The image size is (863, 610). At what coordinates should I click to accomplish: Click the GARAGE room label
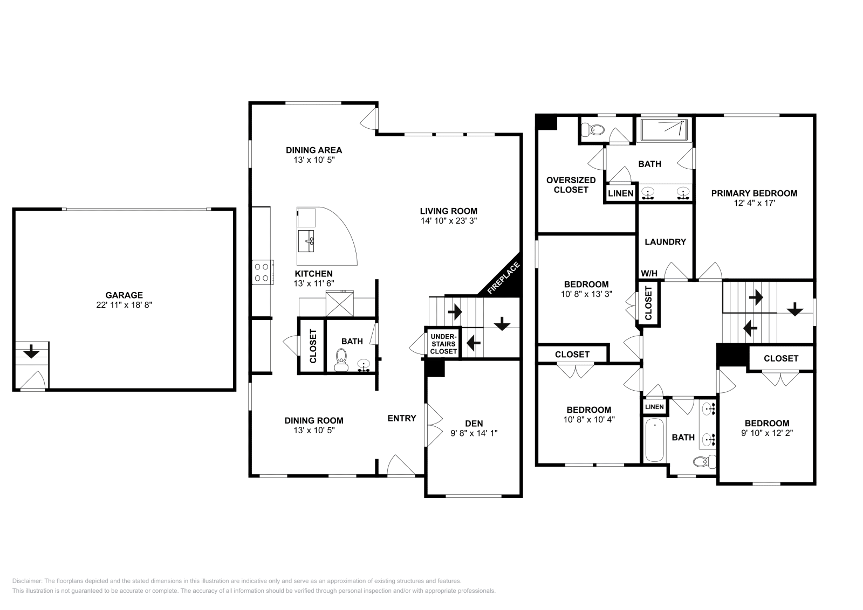coord(124,295)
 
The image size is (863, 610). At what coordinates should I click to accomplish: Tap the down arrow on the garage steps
coord(31,351)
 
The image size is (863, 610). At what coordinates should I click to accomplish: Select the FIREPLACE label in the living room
coord(504,278)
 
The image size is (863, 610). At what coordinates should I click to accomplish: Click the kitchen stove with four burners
coord(262,272)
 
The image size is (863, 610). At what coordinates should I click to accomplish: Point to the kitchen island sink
coord(306,241)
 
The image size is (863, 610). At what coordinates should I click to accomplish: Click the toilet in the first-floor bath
coord(341,360)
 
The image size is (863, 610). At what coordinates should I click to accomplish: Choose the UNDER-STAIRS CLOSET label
coord(443,344)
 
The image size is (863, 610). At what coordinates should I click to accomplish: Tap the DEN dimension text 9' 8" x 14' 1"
coord(474,433)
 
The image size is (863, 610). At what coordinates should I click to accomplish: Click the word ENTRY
coord(402,418)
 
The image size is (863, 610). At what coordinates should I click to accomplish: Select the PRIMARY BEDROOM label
coord(754,193)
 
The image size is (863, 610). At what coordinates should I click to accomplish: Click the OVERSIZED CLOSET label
coord(571,185)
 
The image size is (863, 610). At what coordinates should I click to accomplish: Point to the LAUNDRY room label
coord(666,242)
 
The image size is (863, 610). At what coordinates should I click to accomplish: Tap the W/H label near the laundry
coord(649,274)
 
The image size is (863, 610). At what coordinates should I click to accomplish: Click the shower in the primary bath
coord(665,130)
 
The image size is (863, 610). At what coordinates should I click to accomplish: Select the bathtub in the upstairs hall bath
coord(654,440)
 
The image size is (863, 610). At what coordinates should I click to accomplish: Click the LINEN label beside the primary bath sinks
coord(621,193)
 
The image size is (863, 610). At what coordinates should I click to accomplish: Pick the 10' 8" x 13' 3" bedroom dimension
coord(586,294)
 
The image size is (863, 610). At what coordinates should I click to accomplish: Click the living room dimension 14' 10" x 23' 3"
coord(449,221)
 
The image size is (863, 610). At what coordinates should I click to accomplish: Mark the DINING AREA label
coord(314,150)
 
